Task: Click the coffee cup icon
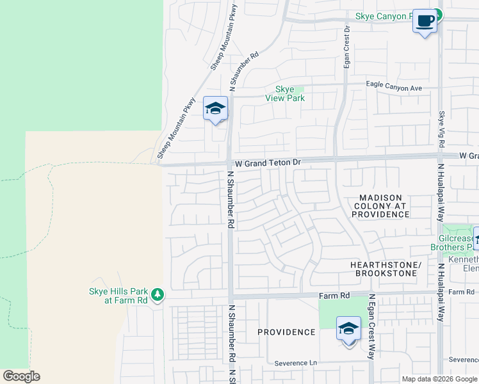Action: (425, 21)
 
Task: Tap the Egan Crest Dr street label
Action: (347, 47)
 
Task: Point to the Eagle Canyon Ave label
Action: (394, 85)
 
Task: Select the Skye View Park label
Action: (285, 93)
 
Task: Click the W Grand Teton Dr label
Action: (268, 164)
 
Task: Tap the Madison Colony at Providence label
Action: (380, 206)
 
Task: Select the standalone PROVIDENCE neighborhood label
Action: (286, 332)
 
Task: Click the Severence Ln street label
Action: (296, 363)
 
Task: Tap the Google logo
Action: (21, 376)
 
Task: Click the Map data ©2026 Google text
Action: (439, 379)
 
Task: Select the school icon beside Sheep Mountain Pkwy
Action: (216, 108)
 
